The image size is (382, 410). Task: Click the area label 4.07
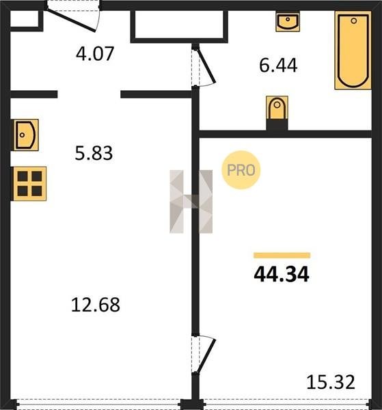pos(95,53)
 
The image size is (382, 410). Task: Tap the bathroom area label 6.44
pos(278,66)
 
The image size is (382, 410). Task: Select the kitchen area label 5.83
pos(94,153)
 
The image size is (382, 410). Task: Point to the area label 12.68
pos(96,305)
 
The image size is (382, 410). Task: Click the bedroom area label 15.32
pos(331,382)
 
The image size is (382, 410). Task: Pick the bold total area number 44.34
pos(282,274)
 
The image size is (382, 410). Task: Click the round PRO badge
pos(241,170)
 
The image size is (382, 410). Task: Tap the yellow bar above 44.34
pos(282,255)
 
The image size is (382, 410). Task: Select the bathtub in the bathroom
pos(353,50)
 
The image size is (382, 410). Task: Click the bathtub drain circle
pos(354,21)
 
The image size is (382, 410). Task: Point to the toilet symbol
pos(277,108)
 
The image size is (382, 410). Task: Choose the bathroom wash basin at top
pos(288,21)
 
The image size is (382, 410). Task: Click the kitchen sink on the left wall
pos(25,135)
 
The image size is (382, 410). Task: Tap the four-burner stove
pos(29,184)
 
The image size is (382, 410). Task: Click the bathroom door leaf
pos(206,66)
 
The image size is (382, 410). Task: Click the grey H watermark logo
pos(191,202)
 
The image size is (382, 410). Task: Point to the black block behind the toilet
pos(277,125)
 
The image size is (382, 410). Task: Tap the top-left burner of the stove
pos(23,176)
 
